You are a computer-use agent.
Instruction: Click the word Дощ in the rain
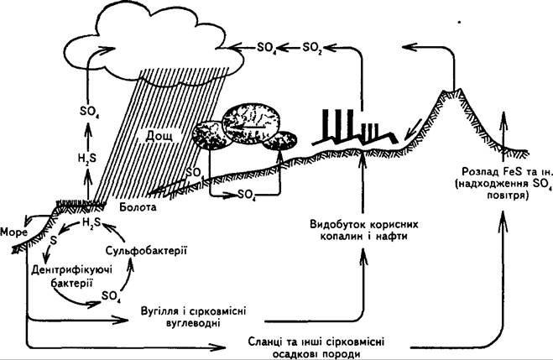159,135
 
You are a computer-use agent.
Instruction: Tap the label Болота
138,206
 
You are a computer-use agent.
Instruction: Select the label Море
13,232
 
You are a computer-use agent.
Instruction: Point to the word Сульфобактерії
146,251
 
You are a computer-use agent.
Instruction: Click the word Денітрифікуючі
71,270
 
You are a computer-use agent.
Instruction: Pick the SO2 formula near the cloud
312,47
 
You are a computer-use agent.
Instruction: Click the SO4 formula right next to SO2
267,47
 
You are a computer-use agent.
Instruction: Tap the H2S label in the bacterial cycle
91,222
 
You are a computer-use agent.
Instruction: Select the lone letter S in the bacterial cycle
53,241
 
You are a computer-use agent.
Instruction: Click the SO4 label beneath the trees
247,194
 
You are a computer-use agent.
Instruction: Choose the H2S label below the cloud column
86,159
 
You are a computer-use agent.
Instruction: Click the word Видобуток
336,225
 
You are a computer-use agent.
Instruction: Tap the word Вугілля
159,311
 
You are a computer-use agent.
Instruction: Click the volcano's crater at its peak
451,92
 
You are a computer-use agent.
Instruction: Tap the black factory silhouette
355,128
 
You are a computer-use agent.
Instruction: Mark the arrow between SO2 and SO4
290,47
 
